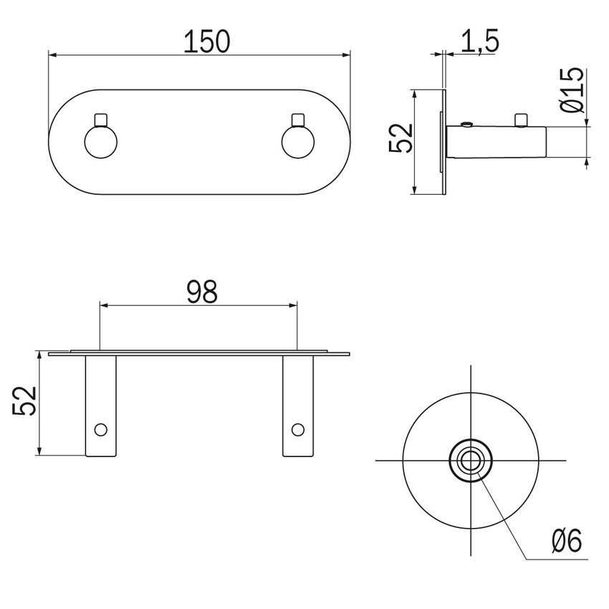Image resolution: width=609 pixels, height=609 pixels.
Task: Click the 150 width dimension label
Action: [206, 42]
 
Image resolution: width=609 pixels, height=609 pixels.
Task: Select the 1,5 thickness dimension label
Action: [479, 42]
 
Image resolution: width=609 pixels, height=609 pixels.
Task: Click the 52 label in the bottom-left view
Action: [24, 401]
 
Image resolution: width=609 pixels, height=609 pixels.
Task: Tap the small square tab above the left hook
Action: [100, 119]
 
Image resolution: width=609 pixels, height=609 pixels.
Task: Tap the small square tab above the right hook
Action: [297, 119]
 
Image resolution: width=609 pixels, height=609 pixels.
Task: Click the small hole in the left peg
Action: [100, 429]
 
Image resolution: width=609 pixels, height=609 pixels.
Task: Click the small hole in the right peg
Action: [297, 429]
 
